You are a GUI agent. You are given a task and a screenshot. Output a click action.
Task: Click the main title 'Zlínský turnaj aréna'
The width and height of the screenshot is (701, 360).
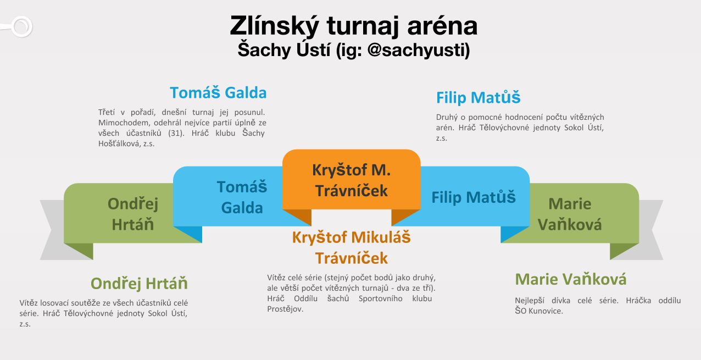tap(354, 26)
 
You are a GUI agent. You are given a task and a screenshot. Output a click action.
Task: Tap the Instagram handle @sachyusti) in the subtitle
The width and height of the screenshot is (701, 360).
tap(419, 50)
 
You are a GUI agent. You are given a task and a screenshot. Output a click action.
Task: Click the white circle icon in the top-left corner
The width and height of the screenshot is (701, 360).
tap(22, 26)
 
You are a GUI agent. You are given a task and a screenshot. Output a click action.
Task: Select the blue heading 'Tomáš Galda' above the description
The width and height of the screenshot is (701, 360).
tap(218, 93)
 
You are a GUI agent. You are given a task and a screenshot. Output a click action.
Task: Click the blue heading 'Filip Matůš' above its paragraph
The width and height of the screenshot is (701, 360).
tap(478, 97)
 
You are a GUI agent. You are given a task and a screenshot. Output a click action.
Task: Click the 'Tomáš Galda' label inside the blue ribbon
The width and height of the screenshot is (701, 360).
tap(242, 197)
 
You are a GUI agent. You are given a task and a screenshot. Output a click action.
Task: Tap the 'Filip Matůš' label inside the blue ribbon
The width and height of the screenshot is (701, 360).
tap(474, 197)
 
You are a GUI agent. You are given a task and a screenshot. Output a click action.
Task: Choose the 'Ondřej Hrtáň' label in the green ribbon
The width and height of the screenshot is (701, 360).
tap(133, 214)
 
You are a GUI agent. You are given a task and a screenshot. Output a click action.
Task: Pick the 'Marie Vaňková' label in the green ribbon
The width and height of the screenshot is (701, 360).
tap(570, 214)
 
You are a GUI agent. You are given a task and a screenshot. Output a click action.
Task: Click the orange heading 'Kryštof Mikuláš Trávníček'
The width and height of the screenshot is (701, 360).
tap(351, 248)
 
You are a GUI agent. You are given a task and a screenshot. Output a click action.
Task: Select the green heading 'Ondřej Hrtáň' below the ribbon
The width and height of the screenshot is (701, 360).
tap(139, 284)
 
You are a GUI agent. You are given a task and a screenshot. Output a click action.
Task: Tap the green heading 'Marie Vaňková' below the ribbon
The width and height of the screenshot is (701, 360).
tap(571, 279)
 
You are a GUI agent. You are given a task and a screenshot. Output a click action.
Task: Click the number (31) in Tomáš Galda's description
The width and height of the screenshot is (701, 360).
tap(176, 134)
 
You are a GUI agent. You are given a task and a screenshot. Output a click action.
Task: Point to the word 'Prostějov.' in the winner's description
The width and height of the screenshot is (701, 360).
tap(285, 309)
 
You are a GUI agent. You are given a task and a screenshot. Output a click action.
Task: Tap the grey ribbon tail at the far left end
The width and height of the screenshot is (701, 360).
tap(52, 230)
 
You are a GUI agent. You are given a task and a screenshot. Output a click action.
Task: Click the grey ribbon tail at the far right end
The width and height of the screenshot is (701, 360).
tap(651, 230)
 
